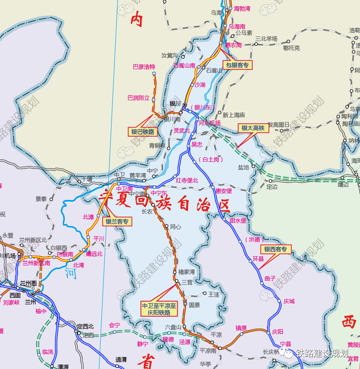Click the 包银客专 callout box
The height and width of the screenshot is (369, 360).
(x=237, y=65)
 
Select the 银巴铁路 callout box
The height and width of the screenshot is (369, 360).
(x=143, y=132)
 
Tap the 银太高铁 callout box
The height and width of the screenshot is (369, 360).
(x=253, y=128)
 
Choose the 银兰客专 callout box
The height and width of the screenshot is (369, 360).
(x=117, y=221)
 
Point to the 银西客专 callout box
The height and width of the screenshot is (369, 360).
(x=275, y=249)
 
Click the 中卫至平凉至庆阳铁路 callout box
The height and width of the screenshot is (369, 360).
(x=159, y=309)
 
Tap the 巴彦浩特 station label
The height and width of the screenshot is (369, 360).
(x=144, y=67)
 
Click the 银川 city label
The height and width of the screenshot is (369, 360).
(x=175, y=104)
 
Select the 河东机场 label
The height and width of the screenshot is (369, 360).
(x=209, y=123)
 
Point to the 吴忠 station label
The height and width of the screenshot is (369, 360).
(x=197, y=144)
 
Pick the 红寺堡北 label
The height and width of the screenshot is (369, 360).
(x=187, y=180)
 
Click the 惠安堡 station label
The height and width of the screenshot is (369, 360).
(x=224, y=191)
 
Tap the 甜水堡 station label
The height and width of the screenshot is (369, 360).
(x=238, y=220)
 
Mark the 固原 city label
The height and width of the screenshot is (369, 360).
(x=194, y=305)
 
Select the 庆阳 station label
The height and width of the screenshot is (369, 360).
(x=277, y=331)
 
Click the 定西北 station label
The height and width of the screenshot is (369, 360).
(x=85, y=326)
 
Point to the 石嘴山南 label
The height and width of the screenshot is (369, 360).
(x=184, y=65)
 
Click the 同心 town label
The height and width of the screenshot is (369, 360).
(x=176, y=226)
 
